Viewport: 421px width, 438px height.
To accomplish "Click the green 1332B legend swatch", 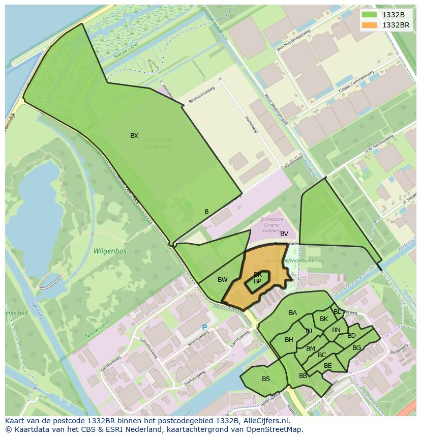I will click(x=370, y=14).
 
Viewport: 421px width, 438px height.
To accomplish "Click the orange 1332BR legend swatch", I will click(x=370, y=24).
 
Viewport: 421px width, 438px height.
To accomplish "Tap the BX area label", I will click(x=134, y=136).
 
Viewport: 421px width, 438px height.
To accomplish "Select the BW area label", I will click(x=222, y=280).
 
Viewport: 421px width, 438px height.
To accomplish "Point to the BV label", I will click(x=284, y=234).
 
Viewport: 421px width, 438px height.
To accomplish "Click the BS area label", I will click(x=266, y=379).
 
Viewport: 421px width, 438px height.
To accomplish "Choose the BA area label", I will click(x=292, y=313).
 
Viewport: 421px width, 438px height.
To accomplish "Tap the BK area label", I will click(x=324, y=319).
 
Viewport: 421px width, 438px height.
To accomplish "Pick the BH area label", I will click(x=289, y=340).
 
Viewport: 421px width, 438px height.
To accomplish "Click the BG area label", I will click(x=356, y=348).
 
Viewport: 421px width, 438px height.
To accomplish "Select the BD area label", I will click(x=351, y=336).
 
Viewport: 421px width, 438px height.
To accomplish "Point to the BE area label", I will click(x=327, y=366).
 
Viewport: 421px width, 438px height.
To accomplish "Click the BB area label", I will click(x=303, y=376).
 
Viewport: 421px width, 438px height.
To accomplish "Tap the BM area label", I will click(x=310, y=349).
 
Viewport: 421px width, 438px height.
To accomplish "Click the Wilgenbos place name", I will click(x=110, y=251).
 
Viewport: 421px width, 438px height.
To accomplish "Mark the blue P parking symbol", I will click(x=204, y=328).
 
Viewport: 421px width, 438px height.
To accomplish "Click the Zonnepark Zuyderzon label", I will click(x=157, y=142).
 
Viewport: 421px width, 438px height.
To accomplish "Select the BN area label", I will click(x=336, y=330).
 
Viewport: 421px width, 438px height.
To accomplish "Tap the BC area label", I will click(x=322, y=355).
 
